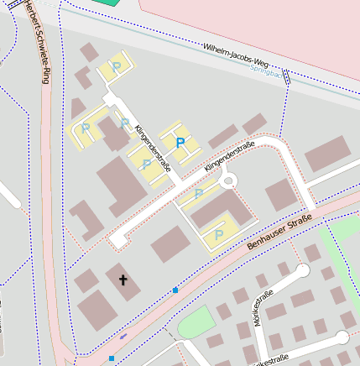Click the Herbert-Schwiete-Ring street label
[39, 42]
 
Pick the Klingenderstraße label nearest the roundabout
[229, 158]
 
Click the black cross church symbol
[123, 280]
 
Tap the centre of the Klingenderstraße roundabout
[226, 180]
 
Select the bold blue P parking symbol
[180, 144]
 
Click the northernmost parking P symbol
[117, 65]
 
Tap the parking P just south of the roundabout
[199, 194]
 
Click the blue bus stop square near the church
[175, 290]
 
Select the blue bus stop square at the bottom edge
[112, 358]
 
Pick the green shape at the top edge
[106, 3]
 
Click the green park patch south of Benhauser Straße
[196, 323]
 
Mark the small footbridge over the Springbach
[287, 78]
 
